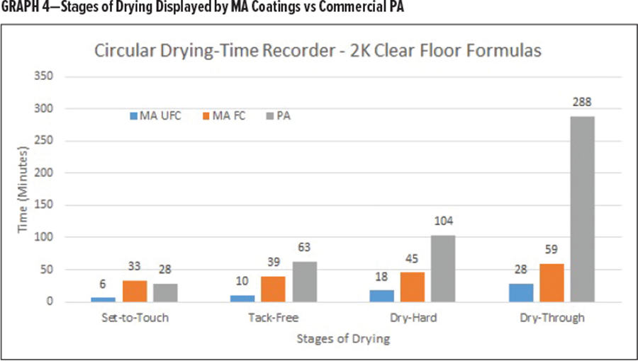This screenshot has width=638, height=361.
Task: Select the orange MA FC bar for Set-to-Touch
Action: click(x=135, y=291)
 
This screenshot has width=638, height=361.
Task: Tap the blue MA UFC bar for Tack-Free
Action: click(x=242, y=298)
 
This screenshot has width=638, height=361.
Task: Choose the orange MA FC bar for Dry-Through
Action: click(x=552, y=282)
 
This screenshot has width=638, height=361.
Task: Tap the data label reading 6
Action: click(x=104, y=283)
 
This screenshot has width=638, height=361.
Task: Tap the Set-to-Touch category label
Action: click(x=135, y=318)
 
